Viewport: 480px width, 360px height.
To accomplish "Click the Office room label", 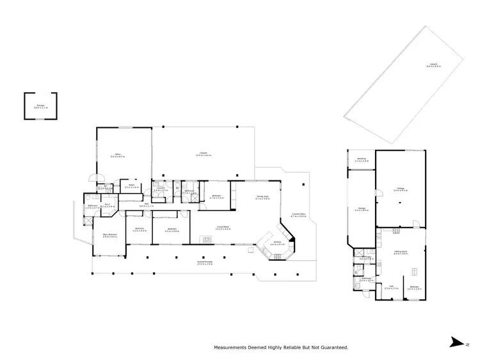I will coord(118,155).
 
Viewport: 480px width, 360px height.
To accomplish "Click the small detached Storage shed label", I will coord(40,106).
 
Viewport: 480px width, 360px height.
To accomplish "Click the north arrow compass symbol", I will coord(454,342).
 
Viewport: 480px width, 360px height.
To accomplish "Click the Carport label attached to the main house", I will coord(204,153).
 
